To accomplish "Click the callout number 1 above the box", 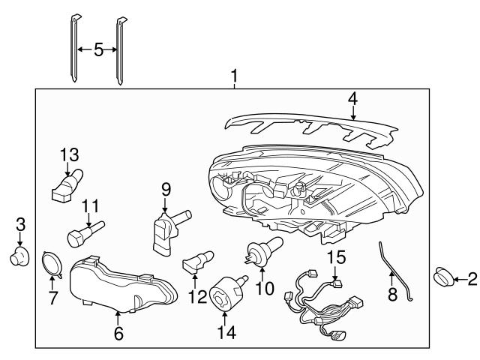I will coord(235,76).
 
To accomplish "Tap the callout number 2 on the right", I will coord(471,280).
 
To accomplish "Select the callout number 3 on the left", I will coord(20,223).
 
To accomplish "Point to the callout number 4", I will coord(353,99).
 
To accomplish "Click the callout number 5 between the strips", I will coord(97,50).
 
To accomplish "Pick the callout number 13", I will coord(69,154).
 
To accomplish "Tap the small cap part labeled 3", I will coord(19,257).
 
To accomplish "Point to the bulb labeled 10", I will coord(264,247).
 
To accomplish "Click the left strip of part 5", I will coord(76,49).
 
